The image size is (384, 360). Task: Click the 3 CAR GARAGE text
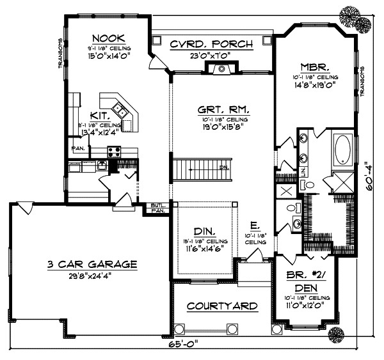(92, 263)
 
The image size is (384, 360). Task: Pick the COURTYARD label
(223, 306)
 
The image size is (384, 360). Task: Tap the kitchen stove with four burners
(115, 152)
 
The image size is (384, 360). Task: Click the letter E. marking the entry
(254, 226)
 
